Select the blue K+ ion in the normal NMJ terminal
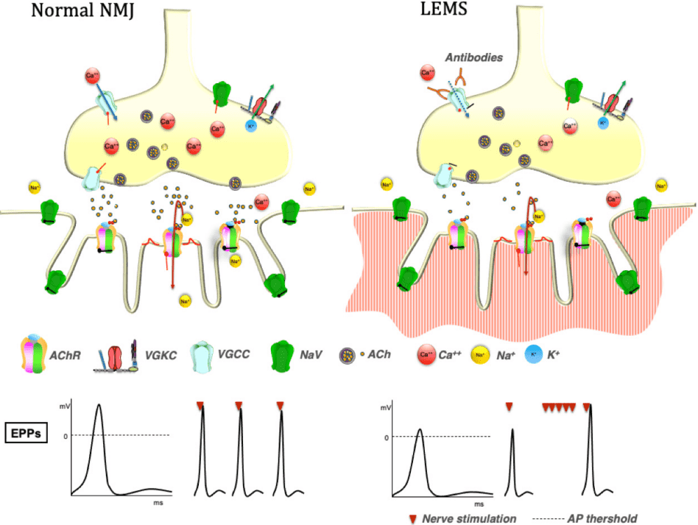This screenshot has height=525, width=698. point(251,126)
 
